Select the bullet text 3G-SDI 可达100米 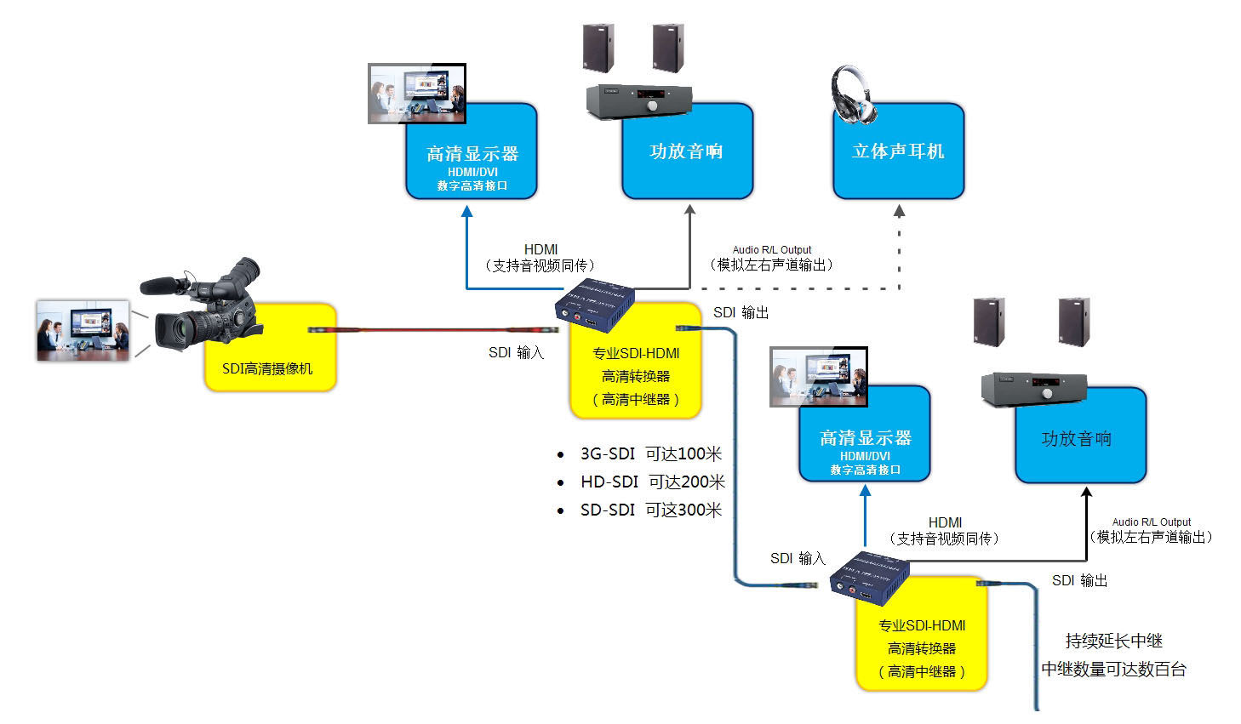point(650,454)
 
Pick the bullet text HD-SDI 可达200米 point(652,482)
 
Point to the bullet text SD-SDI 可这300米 point(650,510)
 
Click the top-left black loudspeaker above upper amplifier point(598,48)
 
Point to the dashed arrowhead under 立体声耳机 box point(899,210)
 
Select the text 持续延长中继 point(1113,641)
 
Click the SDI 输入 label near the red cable point(516,352)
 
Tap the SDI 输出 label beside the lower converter point(1079,581)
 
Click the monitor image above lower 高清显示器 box point(818,376)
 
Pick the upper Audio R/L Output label point(772,250)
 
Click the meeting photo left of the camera point(83,330)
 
